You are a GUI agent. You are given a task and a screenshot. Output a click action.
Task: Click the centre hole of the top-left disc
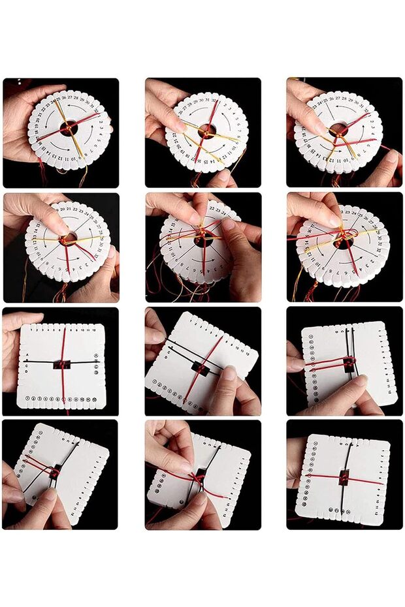coord(69,128)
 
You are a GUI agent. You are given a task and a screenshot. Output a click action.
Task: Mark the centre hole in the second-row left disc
coord(68,239)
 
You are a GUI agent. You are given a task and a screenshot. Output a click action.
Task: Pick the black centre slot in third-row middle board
coord(201,369)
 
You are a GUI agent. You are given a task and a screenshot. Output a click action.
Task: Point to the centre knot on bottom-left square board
coord(57,471)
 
